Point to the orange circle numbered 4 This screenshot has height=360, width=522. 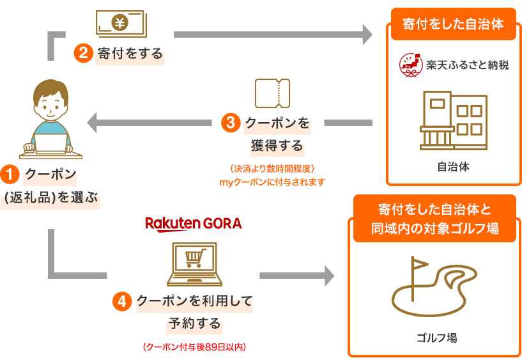[122, 301]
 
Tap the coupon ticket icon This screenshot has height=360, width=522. [272, 93]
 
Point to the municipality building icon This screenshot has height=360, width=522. [454, 121]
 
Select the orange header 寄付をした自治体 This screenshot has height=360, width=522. [453, 25]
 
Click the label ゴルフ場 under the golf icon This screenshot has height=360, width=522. [436, 338]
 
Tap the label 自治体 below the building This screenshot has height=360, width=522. [453, 167]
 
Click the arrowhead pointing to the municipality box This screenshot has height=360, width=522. [367, 35]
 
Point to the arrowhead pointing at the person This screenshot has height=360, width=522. [93, 122]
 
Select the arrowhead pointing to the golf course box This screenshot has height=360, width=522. [329, 276]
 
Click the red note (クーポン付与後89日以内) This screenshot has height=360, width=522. [194, 348]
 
